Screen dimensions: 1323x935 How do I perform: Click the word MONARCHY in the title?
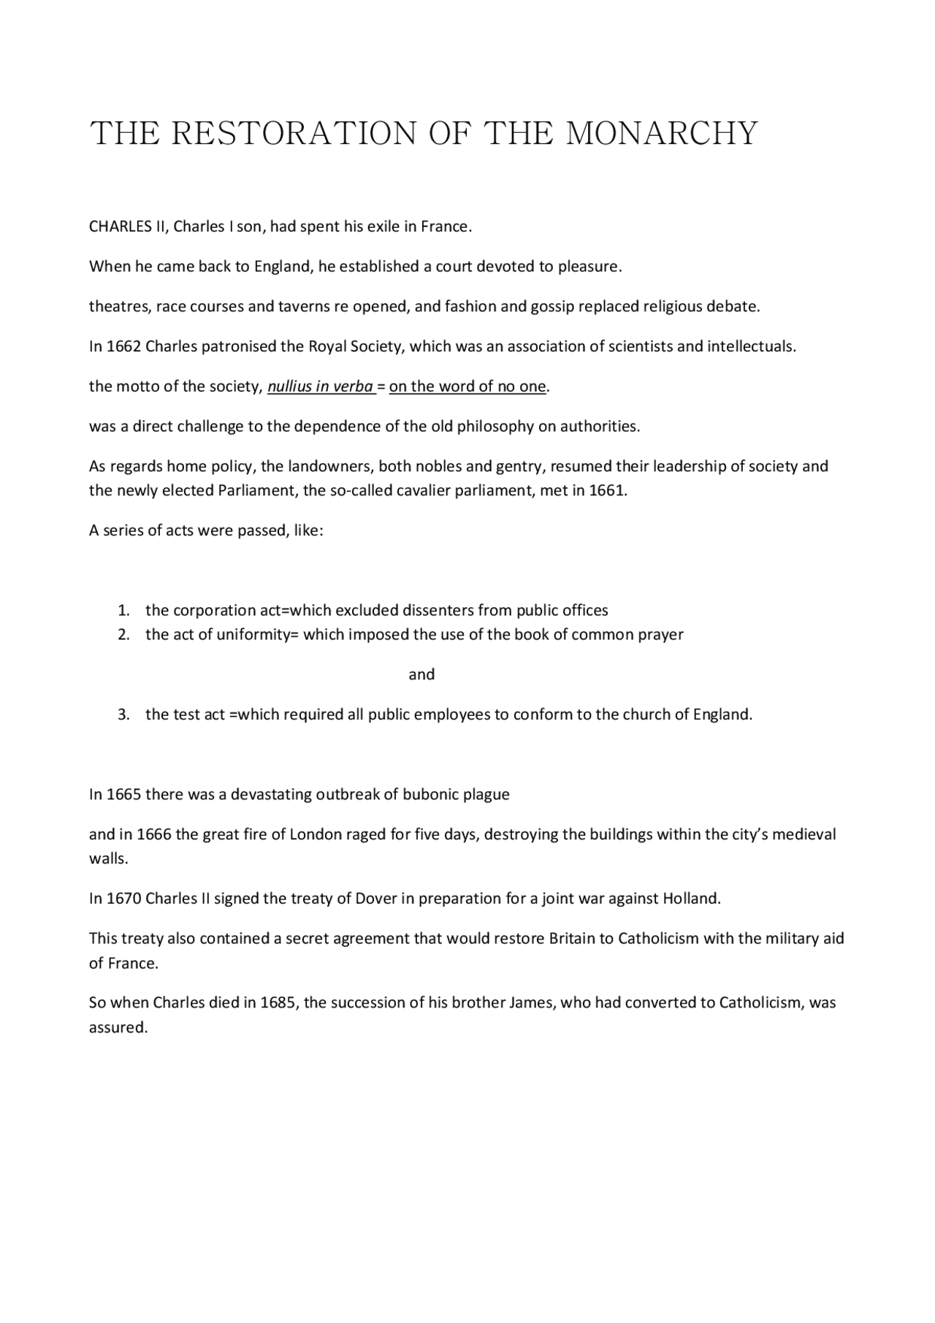pyautogui.click(x=662, y=134)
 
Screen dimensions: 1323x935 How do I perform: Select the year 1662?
pyautogui.click(x=123, y=346)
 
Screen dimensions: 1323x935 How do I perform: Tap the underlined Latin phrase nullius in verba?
pyautogui.click(x=320, y=386)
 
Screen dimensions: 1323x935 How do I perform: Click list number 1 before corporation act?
pyautogui.click(x=123, y=610)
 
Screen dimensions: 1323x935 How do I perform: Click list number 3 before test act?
pyautogui.click(x=123, y=714)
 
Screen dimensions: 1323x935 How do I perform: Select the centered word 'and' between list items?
pyautogui.click(x=421, y=674)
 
